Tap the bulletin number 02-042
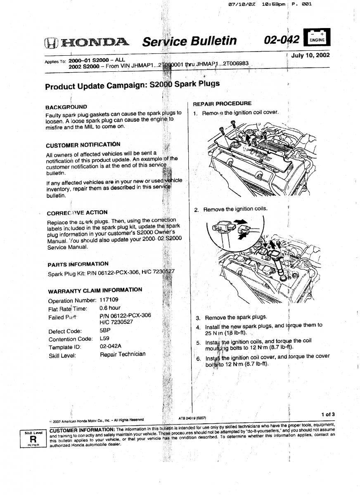(282, 40)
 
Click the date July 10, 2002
(310, 55)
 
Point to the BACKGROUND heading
(66, 107)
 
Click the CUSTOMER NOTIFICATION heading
(83, 145)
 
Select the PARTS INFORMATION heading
(78, 264)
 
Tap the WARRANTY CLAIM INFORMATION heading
(95, 290)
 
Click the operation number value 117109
(109, 300)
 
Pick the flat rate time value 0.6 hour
(110, 308)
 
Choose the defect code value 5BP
(105, 331)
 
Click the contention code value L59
(104, 338)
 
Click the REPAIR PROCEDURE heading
(222, 104)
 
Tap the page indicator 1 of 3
(327, 415)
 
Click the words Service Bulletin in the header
(189, 41)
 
